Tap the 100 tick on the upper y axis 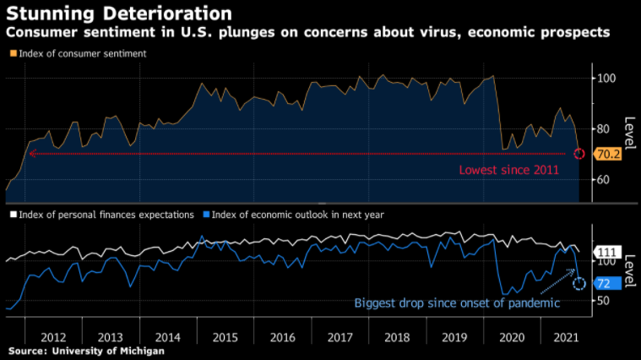tap(606, 78)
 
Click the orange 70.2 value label tap(607, 155)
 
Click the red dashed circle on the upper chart tap(579, 154)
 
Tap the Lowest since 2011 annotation tap(508, 170)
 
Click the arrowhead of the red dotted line tap(31, 154)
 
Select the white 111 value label tap(607, 253)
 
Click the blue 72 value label tap(603, 283)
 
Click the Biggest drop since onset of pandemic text tap(457, 303)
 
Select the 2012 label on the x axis tap(53, 336)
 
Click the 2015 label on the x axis tap(225, 336)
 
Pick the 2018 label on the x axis tap(396, 336)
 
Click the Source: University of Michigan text tap(86, 351)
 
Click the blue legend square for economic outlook tap(206, 215)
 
